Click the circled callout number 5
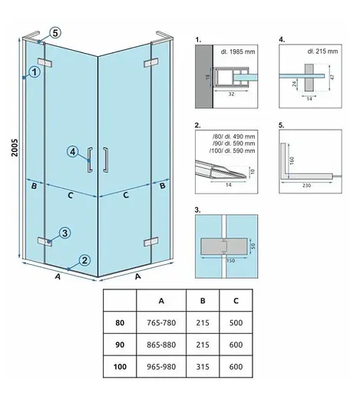coord(55,33)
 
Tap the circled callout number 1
coord(35,72)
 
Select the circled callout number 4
coord(73,151)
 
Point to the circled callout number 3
coord(64,233)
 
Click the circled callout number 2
coord(84,260)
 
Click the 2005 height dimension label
coord(15,147)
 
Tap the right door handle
coord(105,159)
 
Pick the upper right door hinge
coord(150,63)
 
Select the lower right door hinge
coord(150,242)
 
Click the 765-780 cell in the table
coord(161,322)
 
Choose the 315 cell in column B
coord(203,367)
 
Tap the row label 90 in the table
coord(120,345)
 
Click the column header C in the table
coord(236,301)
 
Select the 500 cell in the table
coord(236,322)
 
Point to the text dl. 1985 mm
coord(238,51)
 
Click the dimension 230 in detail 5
coord(306,185)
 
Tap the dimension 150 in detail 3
coord(230,261)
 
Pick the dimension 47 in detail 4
coord(332,77)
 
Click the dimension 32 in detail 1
coord(231,94)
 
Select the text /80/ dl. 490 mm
coord(233,137)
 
